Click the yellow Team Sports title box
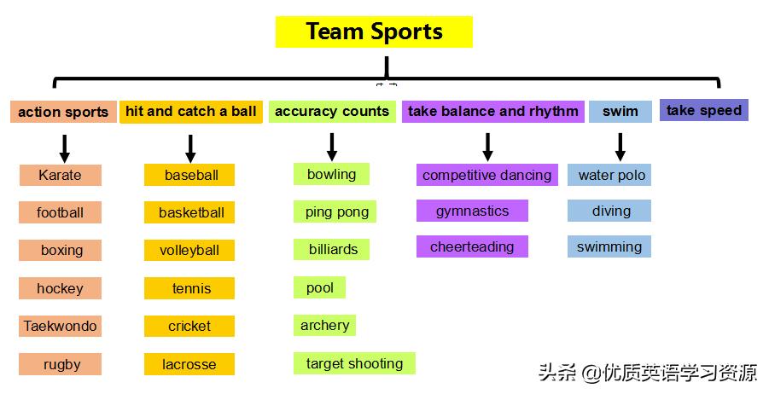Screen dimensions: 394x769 (x=374, y=32)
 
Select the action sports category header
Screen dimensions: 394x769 (x=63, y=112)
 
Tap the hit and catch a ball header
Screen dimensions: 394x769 (x=190, y=112)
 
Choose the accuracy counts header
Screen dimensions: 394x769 (x=332, y=112)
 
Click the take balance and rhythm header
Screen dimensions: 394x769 (x=492, y=112)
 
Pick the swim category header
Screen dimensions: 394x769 (x=620, y=112)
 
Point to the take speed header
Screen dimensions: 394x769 (x=703, y=110)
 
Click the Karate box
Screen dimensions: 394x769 (x=60, y=175)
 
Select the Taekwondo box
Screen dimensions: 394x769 (x=60, y=326)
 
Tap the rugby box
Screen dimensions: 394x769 (x=61, y=364)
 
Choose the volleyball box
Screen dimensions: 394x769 (x=189, y=250)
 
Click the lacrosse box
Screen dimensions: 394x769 (x=189, y=364)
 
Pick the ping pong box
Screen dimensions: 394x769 (x=336, y=211)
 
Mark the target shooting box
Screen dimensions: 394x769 (x=354, y=363)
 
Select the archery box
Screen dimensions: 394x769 (x=324, y=325)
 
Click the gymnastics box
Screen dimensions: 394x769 (x=472, y=211)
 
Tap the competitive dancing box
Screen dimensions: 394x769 (x=486, y=175)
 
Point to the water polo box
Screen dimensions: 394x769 (x=611, y=175)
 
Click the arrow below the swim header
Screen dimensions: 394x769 (x=620, y=146)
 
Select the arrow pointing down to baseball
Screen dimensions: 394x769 (x=190, y=148)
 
